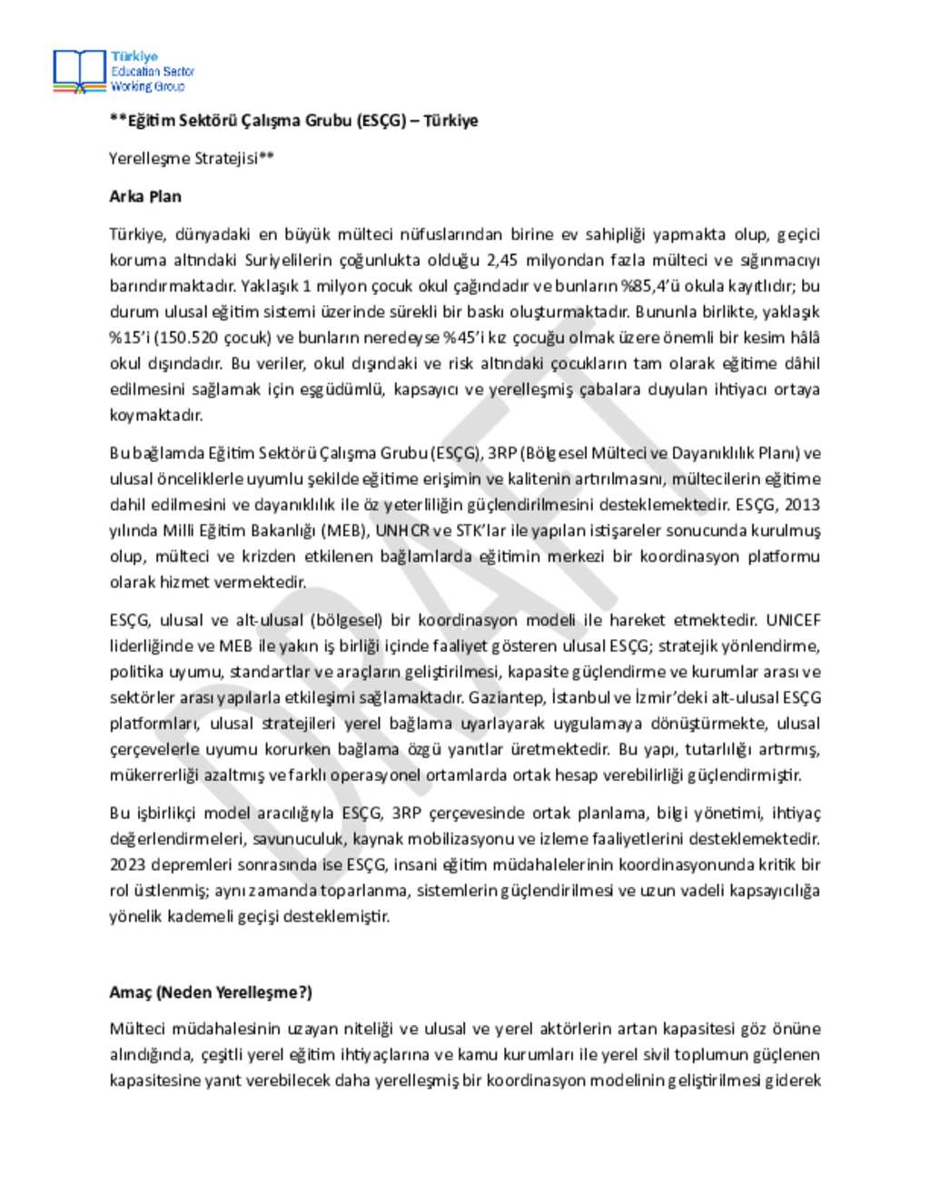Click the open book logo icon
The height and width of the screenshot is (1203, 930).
point(80,71)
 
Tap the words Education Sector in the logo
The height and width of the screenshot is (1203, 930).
point(153,71)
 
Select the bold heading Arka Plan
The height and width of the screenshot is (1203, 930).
point(145,196)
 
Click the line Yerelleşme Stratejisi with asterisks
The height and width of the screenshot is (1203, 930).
point(192,158)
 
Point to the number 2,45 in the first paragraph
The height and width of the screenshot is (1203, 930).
point(502,260)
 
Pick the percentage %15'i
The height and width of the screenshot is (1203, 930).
point(129,338)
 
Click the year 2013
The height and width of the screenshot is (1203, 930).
point(802,505)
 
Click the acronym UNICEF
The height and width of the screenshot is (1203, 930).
point(793,620)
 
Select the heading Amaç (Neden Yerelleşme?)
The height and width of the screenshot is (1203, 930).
point(211,992)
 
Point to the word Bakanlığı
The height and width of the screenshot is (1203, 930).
point(279,530)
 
